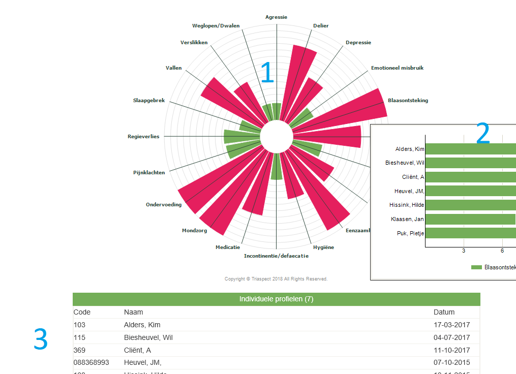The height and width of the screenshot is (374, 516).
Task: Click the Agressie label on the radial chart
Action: click(x=276, y=17)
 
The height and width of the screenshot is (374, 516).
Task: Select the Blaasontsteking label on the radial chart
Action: click(x=408, y=101)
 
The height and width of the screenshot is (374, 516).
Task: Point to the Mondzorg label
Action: click(x=194, y=231)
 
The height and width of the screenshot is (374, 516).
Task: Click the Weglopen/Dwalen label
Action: click(x=216, y=26)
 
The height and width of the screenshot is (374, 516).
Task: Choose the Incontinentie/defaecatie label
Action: click(x=276, y=256)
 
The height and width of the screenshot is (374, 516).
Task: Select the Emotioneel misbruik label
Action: click(x=397, y=68)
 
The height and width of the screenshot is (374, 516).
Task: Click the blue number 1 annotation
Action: click(x=267, y=73)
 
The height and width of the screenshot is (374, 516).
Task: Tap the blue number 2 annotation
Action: click(x=482, y=134)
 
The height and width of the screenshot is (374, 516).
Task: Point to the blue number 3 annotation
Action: click(x=41, y=339)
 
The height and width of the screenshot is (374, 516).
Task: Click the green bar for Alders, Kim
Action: click(x=470, y=149)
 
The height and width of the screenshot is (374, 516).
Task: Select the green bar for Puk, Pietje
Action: click(x=470, y=233)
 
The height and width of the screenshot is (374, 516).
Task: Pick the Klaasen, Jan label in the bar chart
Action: click(x=407, y=220)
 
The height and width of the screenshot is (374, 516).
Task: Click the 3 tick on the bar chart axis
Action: click(x=464, y=251)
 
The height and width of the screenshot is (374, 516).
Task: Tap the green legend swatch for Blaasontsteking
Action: click(x=476, y=267)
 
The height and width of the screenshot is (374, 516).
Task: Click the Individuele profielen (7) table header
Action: click(x=276, y=299)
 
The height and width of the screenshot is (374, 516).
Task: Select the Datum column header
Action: click(x=444, y=312)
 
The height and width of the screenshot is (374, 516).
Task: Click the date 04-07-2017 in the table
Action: click(x=451, y=337)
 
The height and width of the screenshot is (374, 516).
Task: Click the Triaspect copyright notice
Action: click(x=276, y=279)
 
